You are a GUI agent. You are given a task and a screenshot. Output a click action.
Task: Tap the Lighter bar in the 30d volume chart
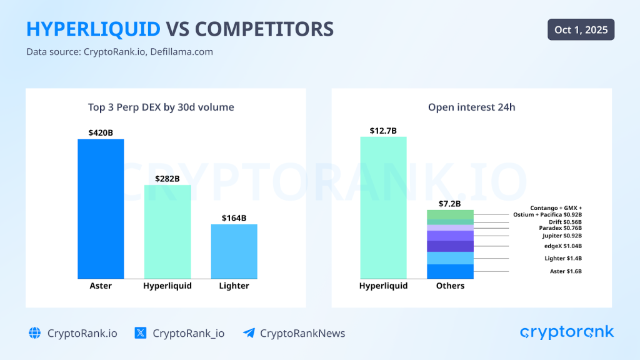(x=234, y=251)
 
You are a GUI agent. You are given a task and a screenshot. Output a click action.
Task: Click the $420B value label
(x=101, y=132)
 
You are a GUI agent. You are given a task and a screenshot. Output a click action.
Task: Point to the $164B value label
(x=234, y=218)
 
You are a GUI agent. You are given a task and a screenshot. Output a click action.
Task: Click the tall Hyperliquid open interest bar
(x=383, y=207)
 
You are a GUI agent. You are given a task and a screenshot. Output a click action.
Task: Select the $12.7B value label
(x=383, y=131)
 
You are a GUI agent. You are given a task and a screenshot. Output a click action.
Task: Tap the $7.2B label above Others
(x=449, y=204)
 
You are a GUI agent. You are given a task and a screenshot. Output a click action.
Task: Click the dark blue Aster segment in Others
(x=450, y=271)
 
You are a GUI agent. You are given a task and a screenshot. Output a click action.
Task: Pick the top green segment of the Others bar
(x=450, y=214)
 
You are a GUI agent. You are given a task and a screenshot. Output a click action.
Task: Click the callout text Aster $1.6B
(x=565, y=271)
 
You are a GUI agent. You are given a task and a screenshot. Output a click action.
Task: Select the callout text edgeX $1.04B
(x=562, y=246)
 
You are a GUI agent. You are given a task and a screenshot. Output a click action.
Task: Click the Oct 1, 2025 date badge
(x=581, y=29)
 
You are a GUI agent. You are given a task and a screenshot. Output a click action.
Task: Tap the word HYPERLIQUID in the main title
(x=92, y=29)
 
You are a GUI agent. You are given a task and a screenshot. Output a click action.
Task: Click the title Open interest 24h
(x=472, y=107)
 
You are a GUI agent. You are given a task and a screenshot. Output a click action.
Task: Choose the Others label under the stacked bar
(x=450, y=286)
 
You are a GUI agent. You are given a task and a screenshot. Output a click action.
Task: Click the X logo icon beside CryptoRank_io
(x=141, y=333)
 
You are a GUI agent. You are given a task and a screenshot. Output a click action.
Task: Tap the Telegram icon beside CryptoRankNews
(x=249, y=333)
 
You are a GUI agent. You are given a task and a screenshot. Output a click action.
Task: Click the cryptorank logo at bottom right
(x=567, y=332)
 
